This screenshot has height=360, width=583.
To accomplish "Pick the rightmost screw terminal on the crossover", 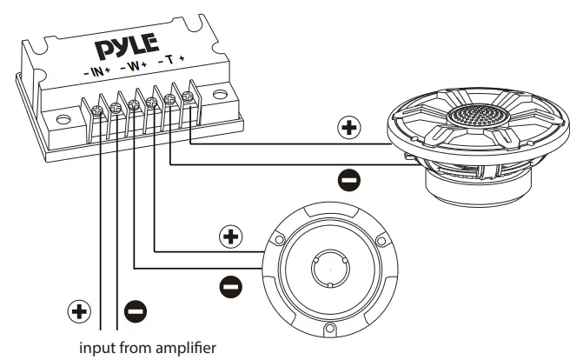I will (190, 100).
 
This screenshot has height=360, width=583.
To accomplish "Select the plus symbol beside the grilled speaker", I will (348, 128).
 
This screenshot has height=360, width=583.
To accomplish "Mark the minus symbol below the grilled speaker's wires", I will (348, 180).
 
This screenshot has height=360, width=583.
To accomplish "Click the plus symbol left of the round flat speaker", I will (230, 236).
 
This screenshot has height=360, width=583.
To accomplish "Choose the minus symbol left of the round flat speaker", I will (230, 284).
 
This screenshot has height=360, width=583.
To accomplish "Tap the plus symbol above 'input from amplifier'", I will (79, 310).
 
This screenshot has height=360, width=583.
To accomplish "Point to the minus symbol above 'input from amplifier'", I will (135, 310).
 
